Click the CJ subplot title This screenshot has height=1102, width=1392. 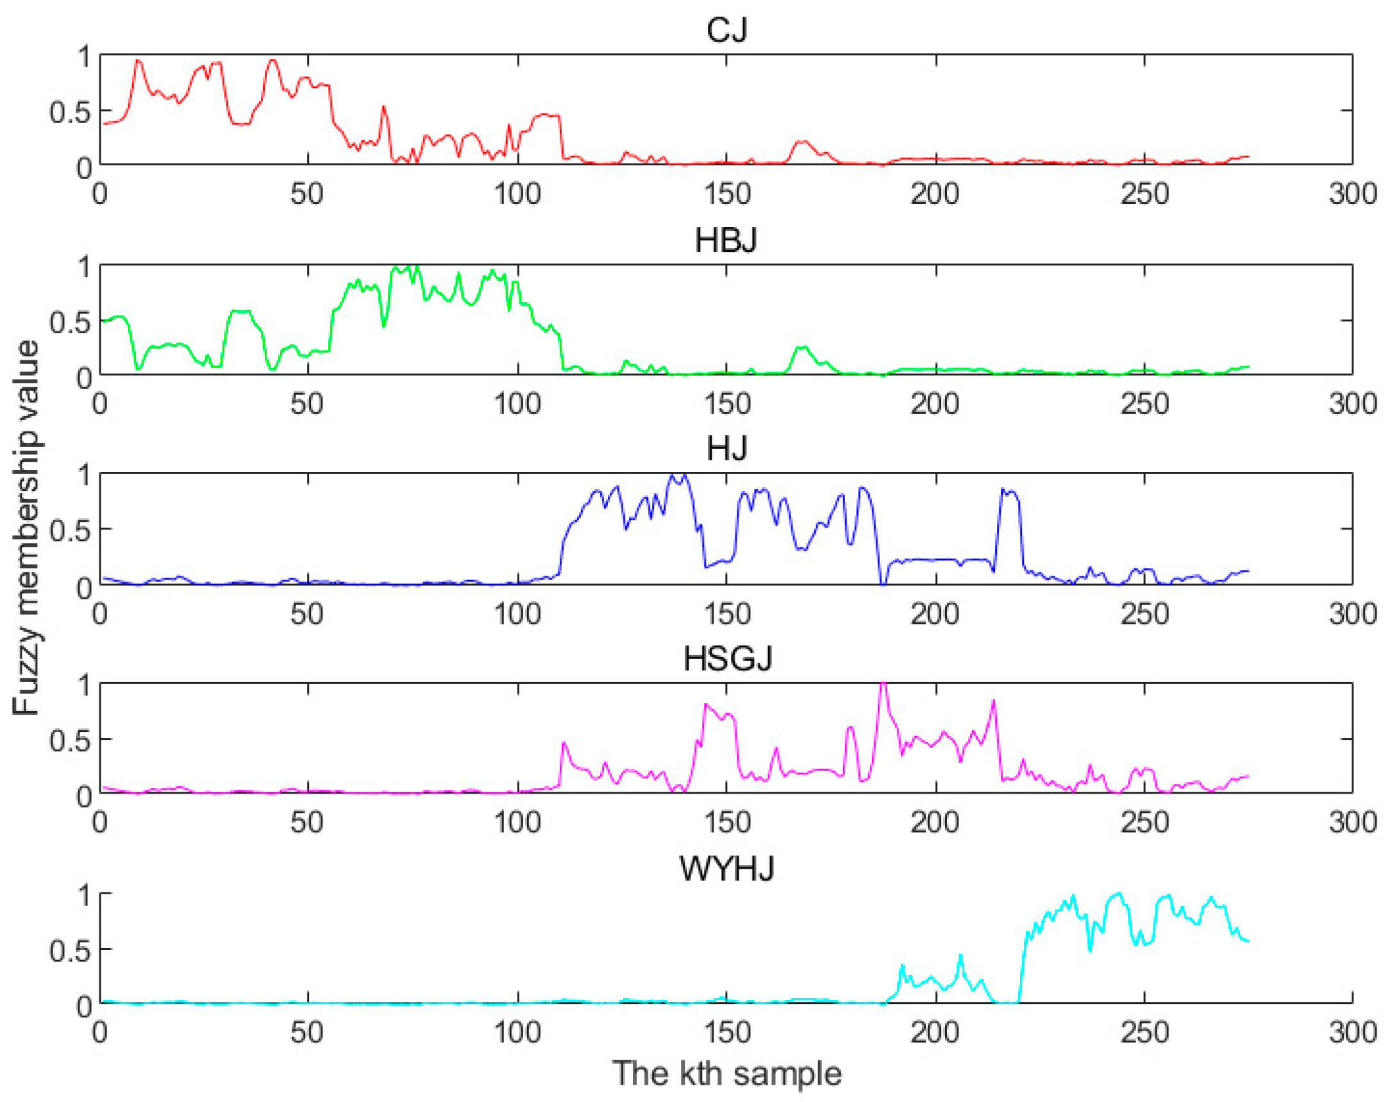click(726, 30)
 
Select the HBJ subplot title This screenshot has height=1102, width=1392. click(726, 240)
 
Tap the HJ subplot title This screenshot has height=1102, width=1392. click(726, 448)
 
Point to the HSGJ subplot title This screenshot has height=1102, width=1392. click(727, 659)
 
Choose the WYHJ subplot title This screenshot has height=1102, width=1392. click(726, 869)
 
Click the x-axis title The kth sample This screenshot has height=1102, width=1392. click(726, 1074)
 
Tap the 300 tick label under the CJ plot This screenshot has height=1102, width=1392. click(1353, 194)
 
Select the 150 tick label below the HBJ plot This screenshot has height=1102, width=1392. click(726, 404)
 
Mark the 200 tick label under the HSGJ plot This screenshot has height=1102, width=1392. click(935, 822)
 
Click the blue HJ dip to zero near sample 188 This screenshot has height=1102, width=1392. click(883, 583)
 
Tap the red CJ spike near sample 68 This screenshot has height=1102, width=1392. click(383, 108)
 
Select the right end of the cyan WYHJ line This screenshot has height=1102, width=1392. click(1248, 940)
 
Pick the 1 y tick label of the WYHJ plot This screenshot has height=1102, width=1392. click(84, 896)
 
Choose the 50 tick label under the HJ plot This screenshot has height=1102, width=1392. click(307, 614)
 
